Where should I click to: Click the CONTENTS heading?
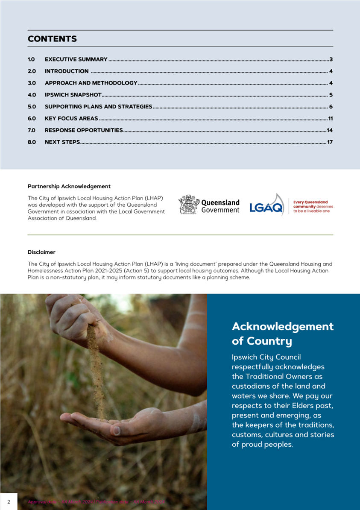click(52, 39)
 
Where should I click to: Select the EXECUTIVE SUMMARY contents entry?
click(76, 59)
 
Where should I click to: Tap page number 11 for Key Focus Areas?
click(330, 118)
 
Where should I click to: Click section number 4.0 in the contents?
click(32, 95)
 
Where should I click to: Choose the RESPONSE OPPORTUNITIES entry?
click(84, 130)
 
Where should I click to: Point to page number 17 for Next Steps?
click(330, 142)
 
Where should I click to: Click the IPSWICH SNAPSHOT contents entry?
click(73, 95)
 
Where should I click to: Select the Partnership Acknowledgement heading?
click(69, 186)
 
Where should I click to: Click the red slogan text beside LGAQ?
click(313, 206)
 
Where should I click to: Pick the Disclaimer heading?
click(41, 252)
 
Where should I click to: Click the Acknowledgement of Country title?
click(282, 334)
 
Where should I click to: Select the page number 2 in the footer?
click(9, 501)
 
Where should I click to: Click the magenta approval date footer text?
click(96, 502)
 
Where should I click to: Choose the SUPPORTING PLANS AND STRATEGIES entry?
click(98, 107)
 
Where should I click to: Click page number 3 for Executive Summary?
click(331, 59)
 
